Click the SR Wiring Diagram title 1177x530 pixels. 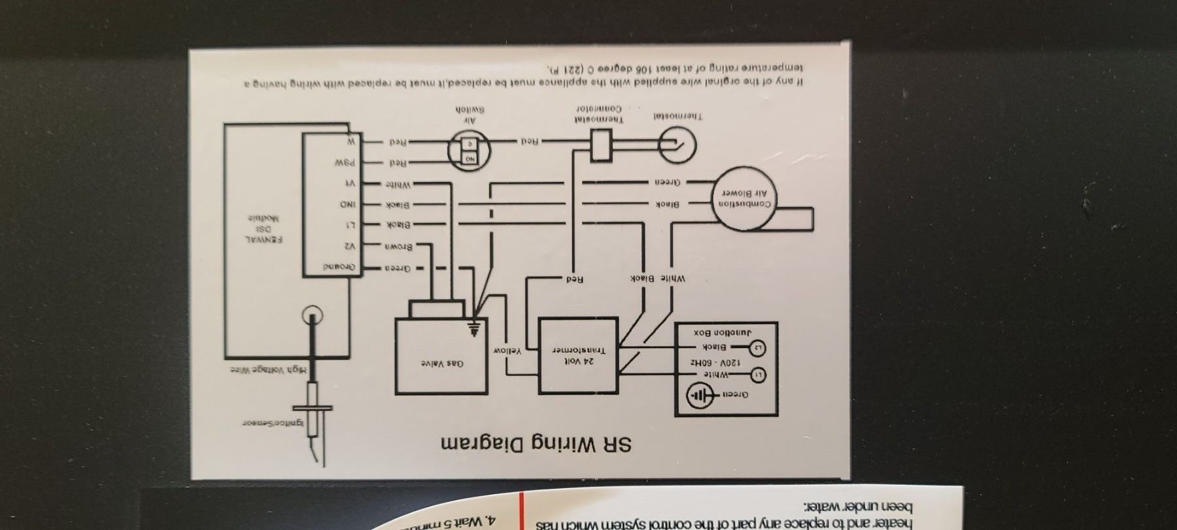[537, 444]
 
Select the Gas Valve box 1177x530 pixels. [441, 357]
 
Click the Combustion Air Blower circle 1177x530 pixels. [746, 199]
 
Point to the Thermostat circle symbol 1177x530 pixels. [677, 145]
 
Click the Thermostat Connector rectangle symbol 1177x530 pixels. [600, 145]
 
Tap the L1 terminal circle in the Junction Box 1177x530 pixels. [759, 375]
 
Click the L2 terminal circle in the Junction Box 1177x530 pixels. [759, 347]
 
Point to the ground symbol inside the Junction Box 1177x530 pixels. [700, 397]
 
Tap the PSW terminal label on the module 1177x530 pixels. [346, 162]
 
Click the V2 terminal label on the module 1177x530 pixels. [350, 246]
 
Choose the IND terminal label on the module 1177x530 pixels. [347, 205]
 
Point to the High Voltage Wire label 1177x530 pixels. [267, 370]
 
